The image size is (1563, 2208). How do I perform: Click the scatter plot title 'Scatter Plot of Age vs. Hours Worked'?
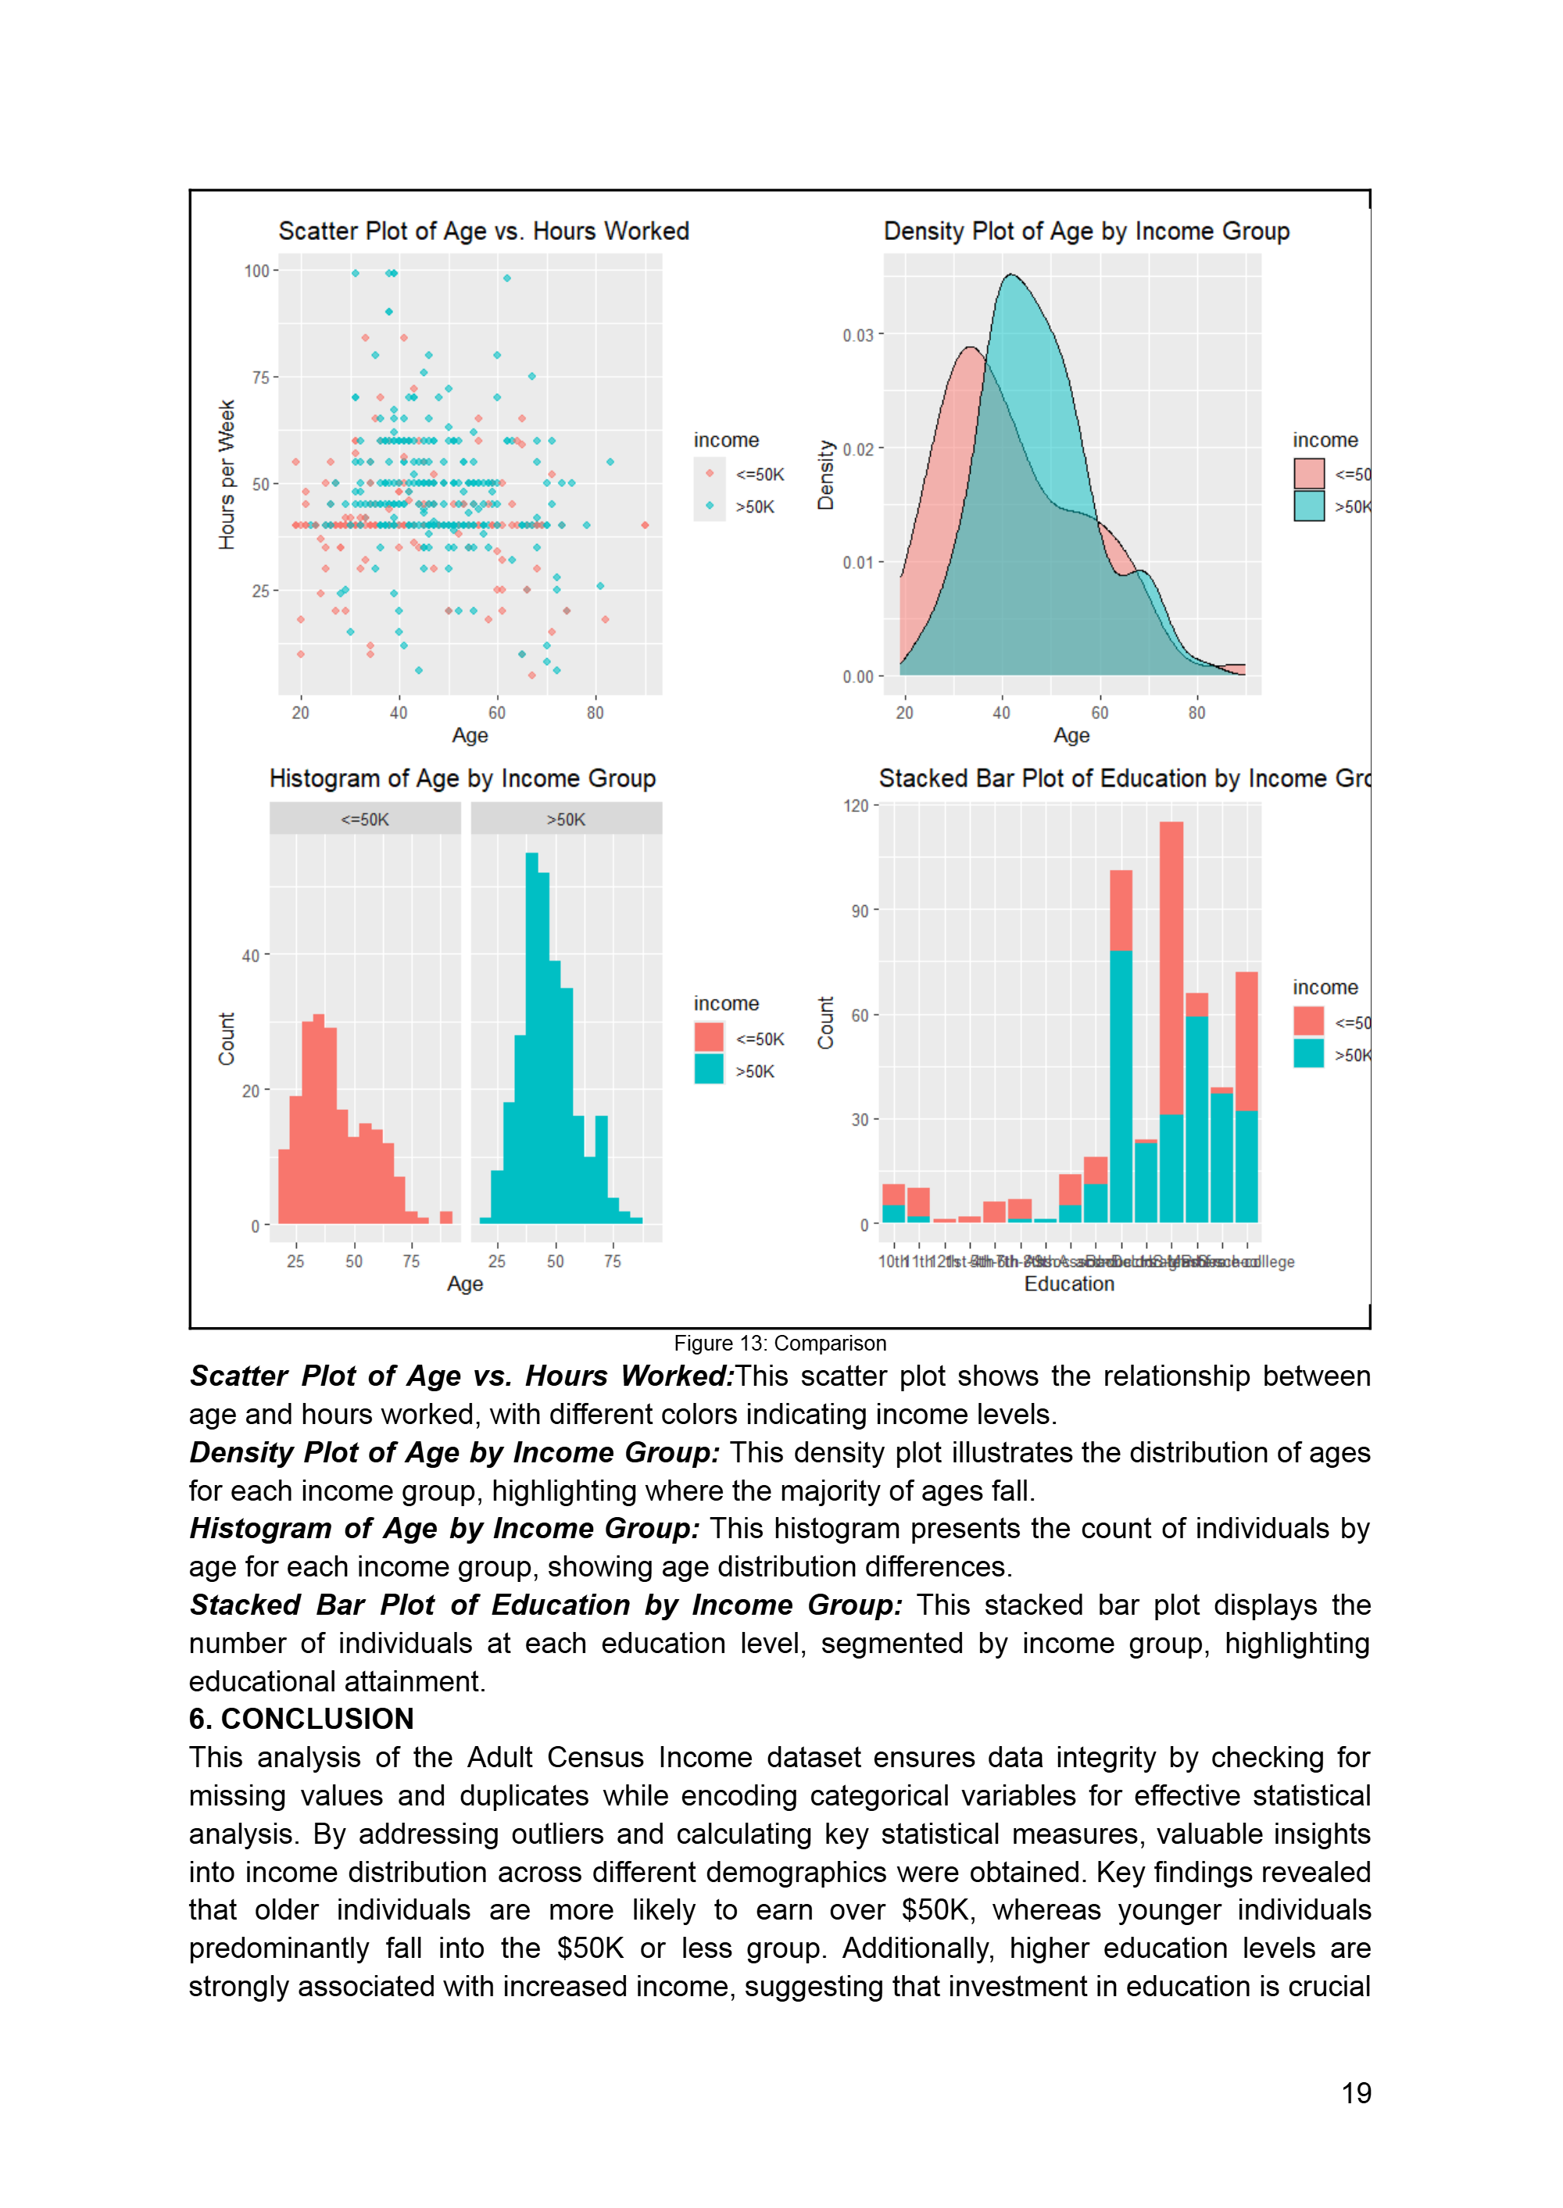point(483,231)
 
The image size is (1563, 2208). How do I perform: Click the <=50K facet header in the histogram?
point(365,820)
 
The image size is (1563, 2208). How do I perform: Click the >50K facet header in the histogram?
point(566,820)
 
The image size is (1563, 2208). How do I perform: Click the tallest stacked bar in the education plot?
point(1171,1020)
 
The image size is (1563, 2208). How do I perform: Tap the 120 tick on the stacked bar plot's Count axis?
point(856,806)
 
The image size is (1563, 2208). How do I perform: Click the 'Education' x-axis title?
point(1068,1284)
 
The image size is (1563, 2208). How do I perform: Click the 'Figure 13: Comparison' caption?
point(780,1344)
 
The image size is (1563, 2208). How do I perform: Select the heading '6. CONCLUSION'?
point(301,1719)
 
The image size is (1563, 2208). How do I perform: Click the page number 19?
point(1355,2093)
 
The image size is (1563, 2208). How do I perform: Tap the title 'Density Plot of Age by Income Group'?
point(1086,231)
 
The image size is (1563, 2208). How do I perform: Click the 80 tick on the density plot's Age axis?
point(1196,714)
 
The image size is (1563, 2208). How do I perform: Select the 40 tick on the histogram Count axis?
point(250,956)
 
